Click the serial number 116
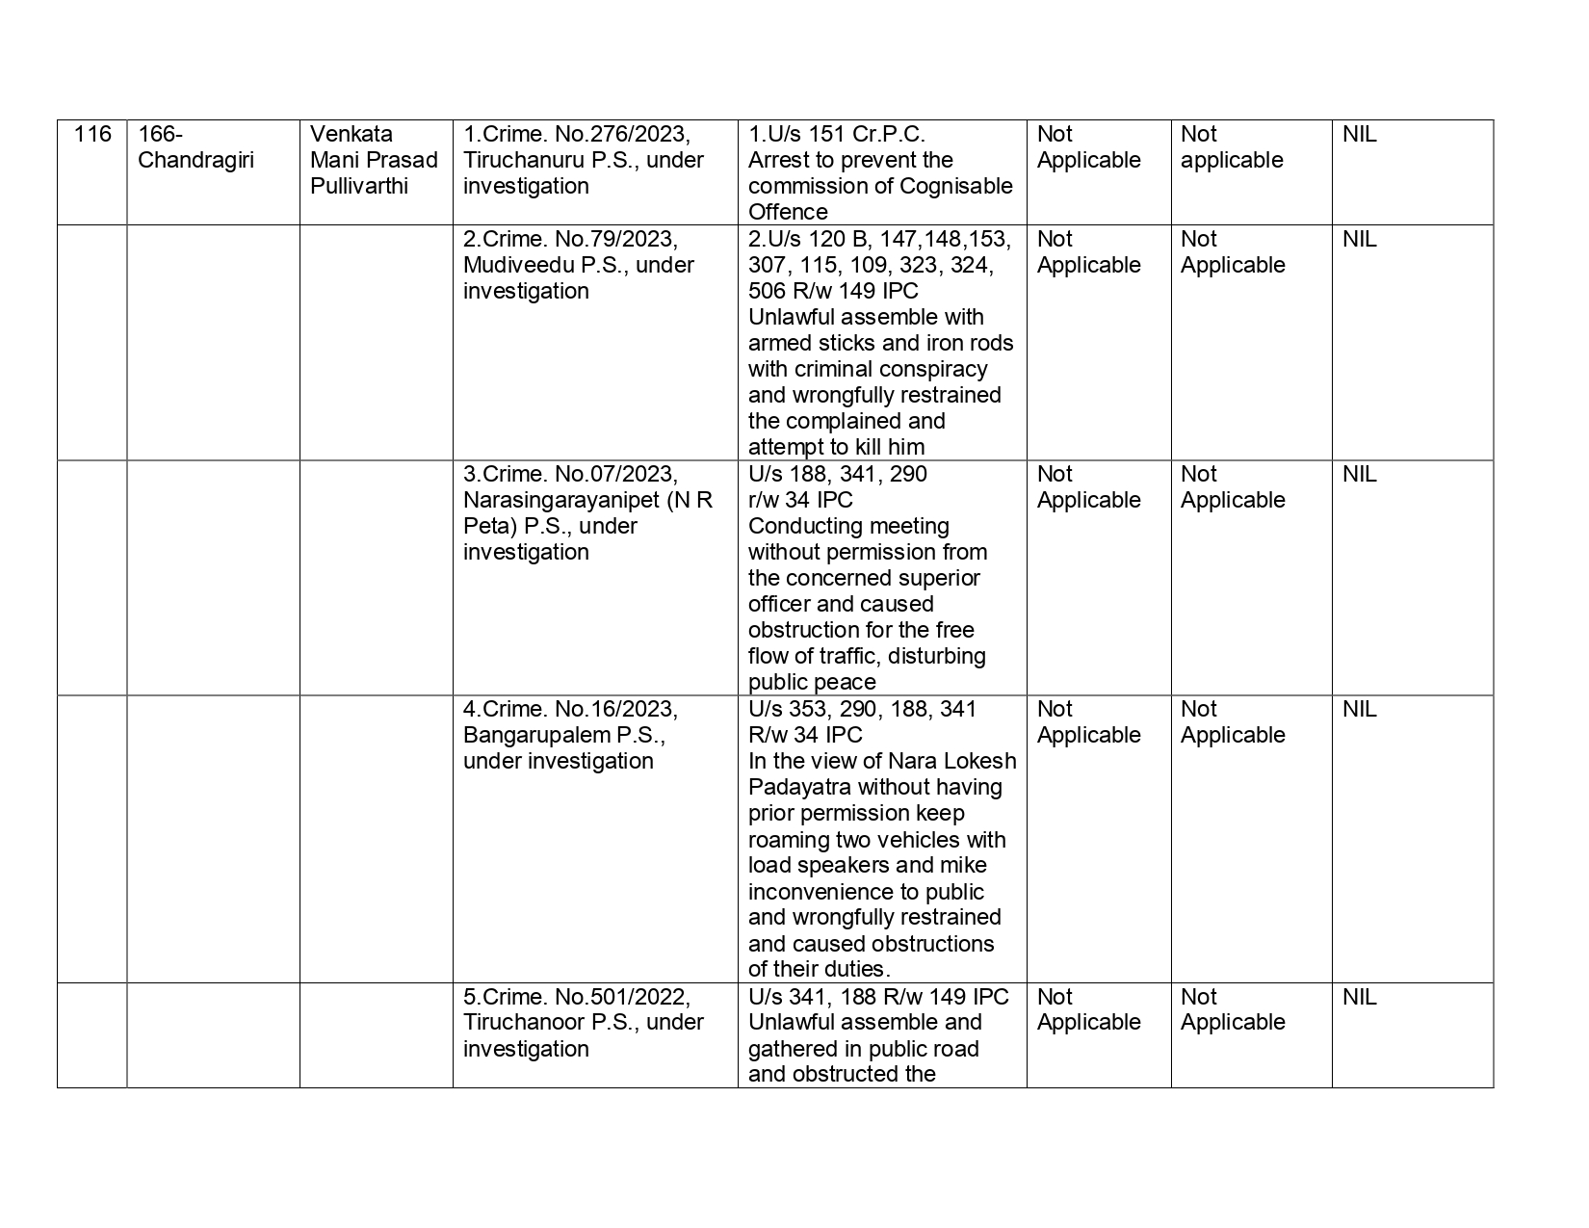pos(91,135)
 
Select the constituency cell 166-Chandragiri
pos(195,147)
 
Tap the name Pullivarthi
pos(358,187)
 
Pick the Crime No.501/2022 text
pos(577,998)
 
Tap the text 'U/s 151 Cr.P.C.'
pos(836,135)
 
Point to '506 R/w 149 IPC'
pos(833,292)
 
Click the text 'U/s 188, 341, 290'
pos(837,475)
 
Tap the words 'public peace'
pos(812,683)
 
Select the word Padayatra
pos(799,788)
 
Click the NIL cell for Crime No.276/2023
pos(1359,135)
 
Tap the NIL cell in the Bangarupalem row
pos(1359,710)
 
